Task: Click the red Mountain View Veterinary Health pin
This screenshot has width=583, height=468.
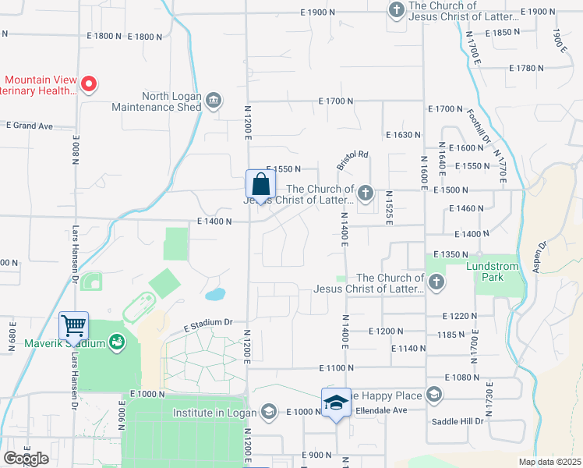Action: tap(89, 83)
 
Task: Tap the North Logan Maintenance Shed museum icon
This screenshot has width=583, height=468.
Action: tap(214, 101)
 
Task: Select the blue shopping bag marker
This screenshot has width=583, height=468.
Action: tap(260, 186)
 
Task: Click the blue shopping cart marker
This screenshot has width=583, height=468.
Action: tap(74, 324)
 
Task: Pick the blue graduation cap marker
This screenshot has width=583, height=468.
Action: tap(336, 403)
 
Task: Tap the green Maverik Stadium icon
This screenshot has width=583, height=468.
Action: tap(117, 342)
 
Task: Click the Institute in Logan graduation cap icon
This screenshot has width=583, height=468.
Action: tap(269, 412)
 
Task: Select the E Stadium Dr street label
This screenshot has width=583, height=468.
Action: tap(208, 323)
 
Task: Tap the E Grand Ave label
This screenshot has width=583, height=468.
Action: tap(29, 125)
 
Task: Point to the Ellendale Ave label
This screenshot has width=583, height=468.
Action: tap(382, 410)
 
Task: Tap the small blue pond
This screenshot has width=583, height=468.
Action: tap(215, 295)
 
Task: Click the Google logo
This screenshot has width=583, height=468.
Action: tap(26, 459)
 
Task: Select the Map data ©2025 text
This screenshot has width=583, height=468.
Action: tap(549, 462)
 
